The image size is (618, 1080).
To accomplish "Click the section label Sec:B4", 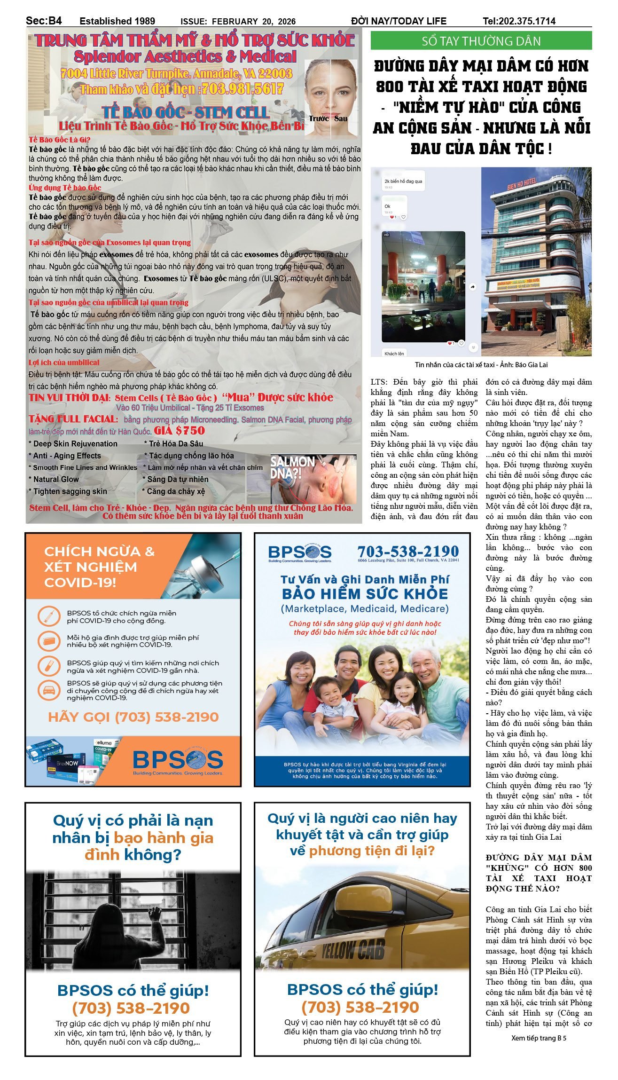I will [44, 21].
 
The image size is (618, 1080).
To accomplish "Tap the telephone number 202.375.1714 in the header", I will [519, 21].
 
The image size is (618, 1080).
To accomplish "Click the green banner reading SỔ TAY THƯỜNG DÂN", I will [481, 41].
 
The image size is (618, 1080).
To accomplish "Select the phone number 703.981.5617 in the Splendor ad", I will [242, 89].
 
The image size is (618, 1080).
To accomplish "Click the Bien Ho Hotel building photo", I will [536, 261].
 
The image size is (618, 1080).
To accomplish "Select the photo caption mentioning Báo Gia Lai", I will [481, 364].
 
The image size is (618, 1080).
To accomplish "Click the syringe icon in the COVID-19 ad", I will [47, 616].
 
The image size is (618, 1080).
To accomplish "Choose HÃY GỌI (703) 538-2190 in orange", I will [133, 717].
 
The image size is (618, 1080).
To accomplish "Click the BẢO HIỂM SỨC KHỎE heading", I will [365, 594].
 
